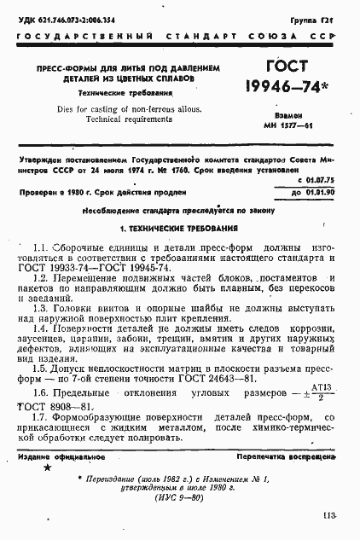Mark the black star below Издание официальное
click(x=46, y=468)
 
